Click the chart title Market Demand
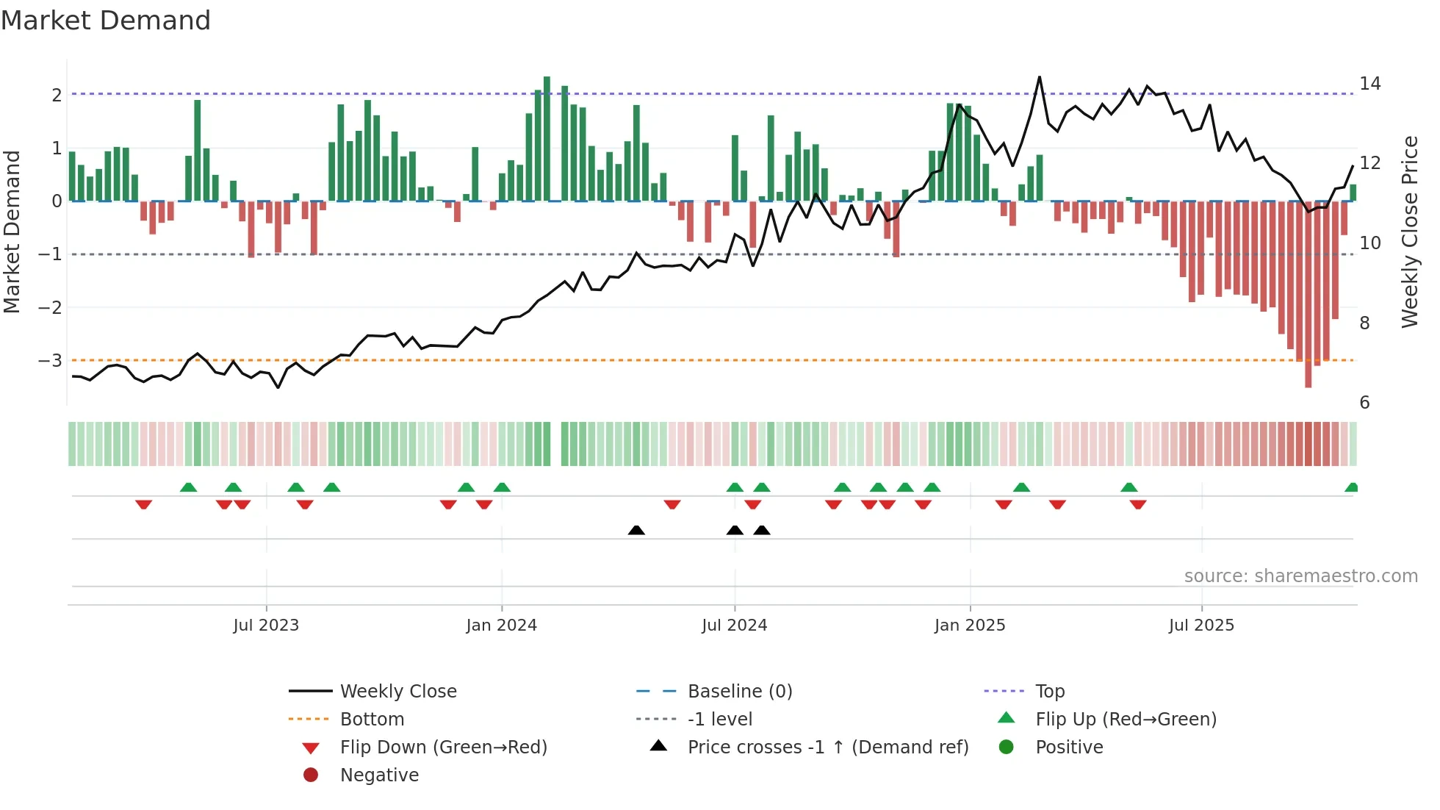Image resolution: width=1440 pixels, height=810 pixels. pyautogui.click(x=106, y=21)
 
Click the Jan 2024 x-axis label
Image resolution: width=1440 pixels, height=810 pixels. pyautogui.click(x=501, y=626)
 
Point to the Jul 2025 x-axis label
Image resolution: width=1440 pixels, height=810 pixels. pyautogui.click(x=1201, y=626)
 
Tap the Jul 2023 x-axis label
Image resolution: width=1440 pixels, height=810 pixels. pyautogui.click(x=266, y=626)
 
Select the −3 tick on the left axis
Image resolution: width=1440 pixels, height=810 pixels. pyautogui.click(x=51, y=360)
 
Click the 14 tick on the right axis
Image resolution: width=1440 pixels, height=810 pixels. pyautogui.click(x=1369, y=84)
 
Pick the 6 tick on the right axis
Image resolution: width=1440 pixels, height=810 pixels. pyautogui.click(x=1364, y=402)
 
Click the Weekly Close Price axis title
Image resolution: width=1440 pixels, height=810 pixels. pyautogui.click(x=1409, y=232)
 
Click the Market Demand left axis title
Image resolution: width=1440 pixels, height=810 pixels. pyautogui.click(x=12, y=232)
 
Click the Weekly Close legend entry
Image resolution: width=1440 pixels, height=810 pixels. pyautogui.click(x=397, y=691)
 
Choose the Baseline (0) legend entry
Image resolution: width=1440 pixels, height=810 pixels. pyautogui.click(x=739, y=691)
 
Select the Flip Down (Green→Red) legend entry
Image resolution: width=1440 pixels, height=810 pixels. pyautogui.click(x=443, y=748)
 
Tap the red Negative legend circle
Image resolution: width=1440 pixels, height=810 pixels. pyautogui.click(x=311, y=775)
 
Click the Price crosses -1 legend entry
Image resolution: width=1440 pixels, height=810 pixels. pyautogui.click(x=827, y=748)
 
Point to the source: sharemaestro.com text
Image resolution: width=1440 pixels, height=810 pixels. pyautogui.click(x=1300, y=576)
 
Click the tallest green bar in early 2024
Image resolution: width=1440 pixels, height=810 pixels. pyautogui.click(x=547, y=138)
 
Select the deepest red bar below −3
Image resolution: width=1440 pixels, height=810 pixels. pyautogui.click(x=1308, y=294)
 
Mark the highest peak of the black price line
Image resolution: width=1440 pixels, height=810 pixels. pyautogui.click(x=1040, y=77)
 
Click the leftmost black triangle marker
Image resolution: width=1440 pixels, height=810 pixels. pyautogui.click(x=636, y=531)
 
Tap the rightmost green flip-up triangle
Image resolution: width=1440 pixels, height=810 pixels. pyautogui.click(x=1351, y=487)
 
